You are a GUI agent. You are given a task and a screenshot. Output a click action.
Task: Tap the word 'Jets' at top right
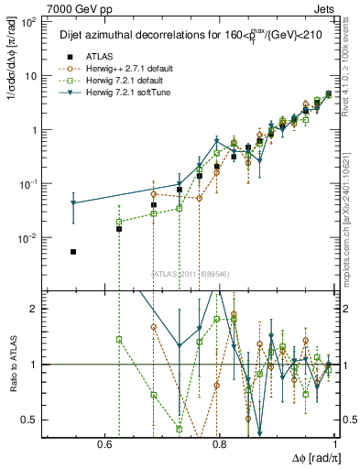[325, 7]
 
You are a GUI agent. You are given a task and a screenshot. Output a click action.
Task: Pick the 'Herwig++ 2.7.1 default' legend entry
[125, 69]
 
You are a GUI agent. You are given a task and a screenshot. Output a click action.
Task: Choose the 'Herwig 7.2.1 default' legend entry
[123, 81]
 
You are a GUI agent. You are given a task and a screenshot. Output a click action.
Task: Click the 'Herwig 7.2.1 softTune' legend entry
[125, 93]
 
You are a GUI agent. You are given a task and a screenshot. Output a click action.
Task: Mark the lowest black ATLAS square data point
[73, 251]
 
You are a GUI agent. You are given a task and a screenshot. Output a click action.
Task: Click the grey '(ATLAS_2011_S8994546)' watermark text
[190, 273]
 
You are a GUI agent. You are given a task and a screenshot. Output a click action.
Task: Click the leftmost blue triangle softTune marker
[73, 203]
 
